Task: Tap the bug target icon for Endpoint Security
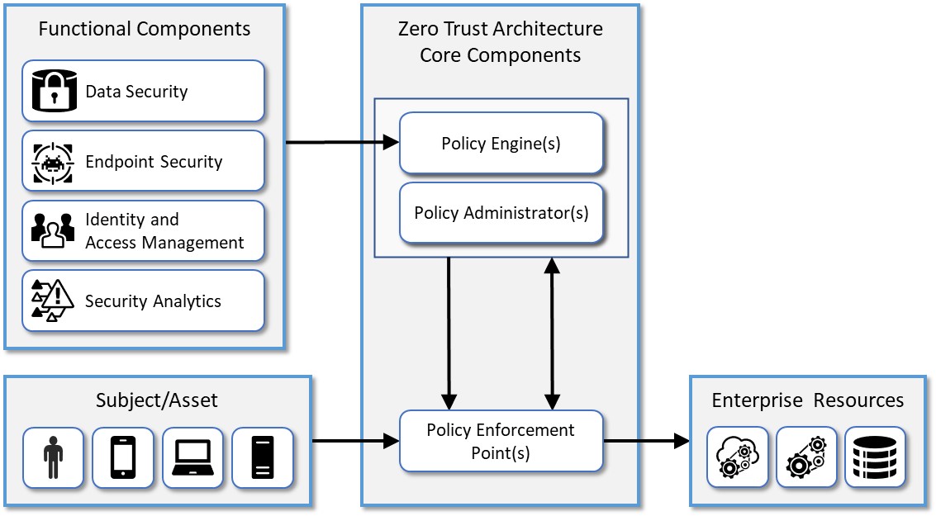(x=53, y=162)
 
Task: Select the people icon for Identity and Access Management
(x=53, y=231)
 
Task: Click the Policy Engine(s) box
(x=501, y=144)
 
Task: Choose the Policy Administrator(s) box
(x=501, y=213)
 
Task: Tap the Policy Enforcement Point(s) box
(x=501, y=442)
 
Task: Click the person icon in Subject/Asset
(x=54, y=457)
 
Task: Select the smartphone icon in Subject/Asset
(x=123, y=457)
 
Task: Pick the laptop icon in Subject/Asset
(x=192, y=457)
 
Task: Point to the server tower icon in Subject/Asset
(x=262, y=457)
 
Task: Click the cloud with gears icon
(x=736, y=457)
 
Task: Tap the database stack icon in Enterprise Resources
(x=875, y=457)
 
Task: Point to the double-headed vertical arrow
(x=552, y=334)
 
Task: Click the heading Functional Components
(x=145, y=30)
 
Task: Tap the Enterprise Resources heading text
(x=807, y=400)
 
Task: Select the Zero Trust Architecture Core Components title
(x=500, y=42)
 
